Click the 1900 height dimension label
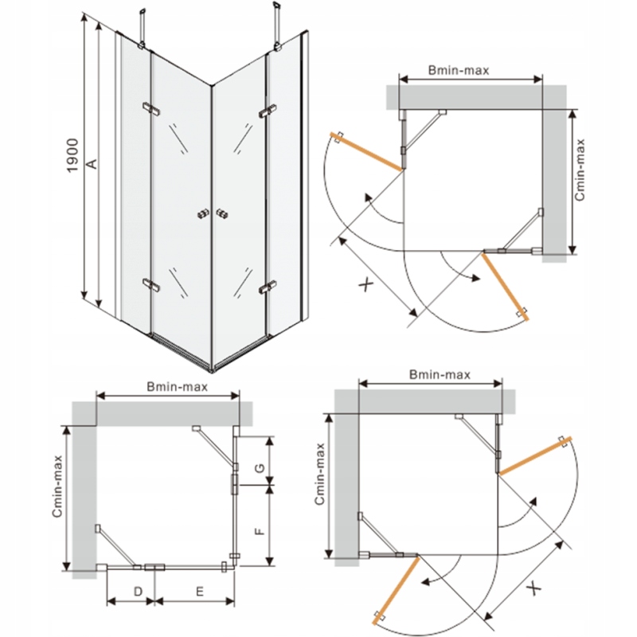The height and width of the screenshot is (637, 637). click(x=72, y=155)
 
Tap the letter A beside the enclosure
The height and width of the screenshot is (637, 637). click(x=93, y=163)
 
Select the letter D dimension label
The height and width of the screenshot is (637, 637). click(x=138, y=591)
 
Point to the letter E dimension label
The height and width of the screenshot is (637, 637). click(x=200, y=592)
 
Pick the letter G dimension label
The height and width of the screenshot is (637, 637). click(x=260, y=467)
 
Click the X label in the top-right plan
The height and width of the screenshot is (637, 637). click(x=365, y=284)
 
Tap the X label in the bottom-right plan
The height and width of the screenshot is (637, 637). click(x=535, y=588)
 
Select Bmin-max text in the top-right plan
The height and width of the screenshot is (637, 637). click(x=459, y=70)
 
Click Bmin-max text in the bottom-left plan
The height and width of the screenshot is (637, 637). click(x=177, y=387)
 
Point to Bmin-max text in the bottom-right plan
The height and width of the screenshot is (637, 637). click(x=440, y=374)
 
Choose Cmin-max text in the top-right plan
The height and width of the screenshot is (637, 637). click(x=580, y=170)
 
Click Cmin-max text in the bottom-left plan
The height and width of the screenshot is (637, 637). click(x=57, y=487)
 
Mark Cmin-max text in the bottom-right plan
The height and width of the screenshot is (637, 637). click(x=320, y=474)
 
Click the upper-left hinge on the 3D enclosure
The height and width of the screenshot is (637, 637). click(x=151, y=108)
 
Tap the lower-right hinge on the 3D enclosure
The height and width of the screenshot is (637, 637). click(x=268, y=287)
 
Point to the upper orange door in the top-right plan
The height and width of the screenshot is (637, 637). click(x=368, y=151)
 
